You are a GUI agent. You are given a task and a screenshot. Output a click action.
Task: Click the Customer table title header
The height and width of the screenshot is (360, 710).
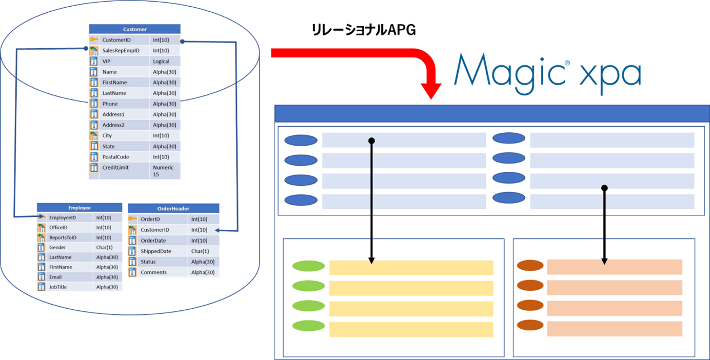coord(134,29)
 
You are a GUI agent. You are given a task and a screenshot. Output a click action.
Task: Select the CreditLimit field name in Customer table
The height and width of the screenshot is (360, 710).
coord(115,168)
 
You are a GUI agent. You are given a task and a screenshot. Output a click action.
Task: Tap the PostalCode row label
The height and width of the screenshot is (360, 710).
coord(115,157)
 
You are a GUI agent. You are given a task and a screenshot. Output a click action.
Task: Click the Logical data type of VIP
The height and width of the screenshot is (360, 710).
coord(161,61)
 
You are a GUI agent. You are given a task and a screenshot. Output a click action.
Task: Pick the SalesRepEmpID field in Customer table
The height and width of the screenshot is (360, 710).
coord(121,50)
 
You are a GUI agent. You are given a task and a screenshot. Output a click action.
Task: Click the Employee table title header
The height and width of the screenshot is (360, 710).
coord(80,208)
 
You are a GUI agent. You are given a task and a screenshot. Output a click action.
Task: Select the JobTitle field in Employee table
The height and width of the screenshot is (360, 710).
coord(58,287)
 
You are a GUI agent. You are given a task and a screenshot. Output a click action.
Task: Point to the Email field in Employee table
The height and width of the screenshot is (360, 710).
coord(55,277)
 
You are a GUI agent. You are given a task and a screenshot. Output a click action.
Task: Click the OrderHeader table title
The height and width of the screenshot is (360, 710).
coord(173,209)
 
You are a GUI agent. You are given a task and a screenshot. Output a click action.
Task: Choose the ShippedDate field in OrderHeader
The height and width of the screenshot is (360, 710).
coord(156,251)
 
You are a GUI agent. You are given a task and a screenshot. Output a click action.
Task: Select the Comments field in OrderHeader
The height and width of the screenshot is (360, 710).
coord(153,272)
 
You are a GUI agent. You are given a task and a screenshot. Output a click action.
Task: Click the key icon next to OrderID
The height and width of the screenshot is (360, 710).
coord(132,219)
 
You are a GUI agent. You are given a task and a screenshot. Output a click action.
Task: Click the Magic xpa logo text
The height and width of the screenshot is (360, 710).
coord(547,74)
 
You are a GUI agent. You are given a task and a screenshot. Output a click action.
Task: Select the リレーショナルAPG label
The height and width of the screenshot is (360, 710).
coord(364,31)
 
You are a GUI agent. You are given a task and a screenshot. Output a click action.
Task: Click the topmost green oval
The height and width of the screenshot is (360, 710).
coord(308,266)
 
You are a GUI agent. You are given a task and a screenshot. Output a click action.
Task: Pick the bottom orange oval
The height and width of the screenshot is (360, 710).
coord(530,325)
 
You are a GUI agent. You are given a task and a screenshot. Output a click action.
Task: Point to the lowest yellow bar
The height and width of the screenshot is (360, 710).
coord(411,329)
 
